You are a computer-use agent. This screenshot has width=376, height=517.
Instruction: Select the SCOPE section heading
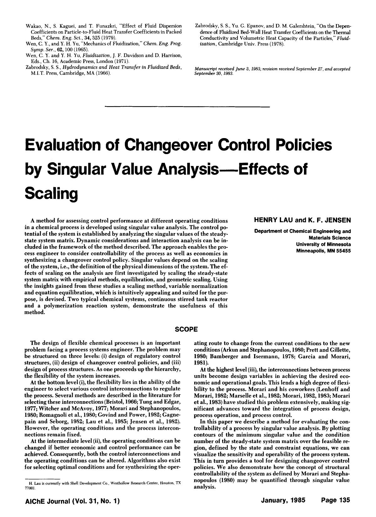(186, 329)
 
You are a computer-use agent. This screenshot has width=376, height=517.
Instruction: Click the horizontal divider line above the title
(188, 107)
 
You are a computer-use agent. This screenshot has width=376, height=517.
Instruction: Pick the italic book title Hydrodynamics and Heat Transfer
(122, 68)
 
